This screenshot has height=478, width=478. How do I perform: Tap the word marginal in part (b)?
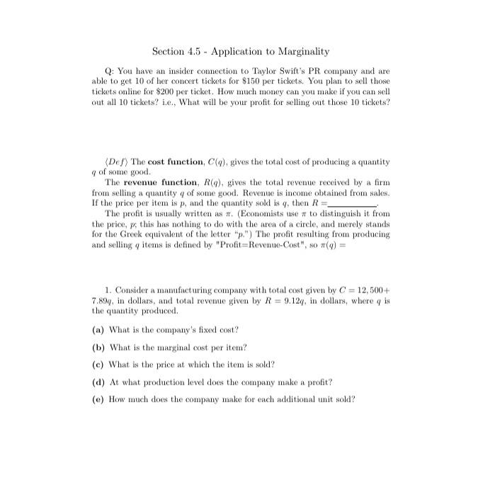tap(161, 348)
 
